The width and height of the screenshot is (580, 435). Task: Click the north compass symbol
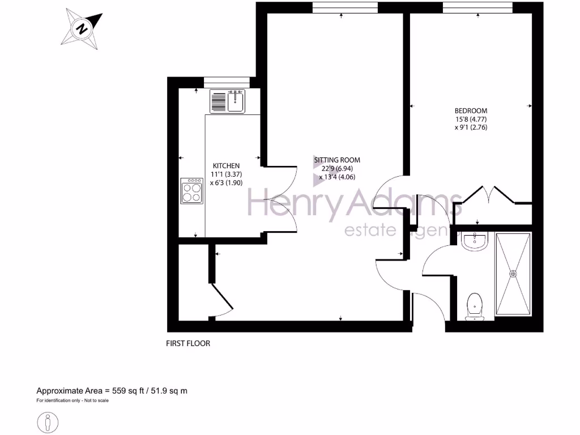click(x=83, y=28)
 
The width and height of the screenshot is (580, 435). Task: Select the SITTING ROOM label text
click(x=338, y=160)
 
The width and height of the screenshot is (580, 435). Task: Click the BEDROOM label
click(x=471, y=110)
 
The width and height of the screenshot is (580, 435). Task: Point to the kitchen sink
click(x=227, y=101)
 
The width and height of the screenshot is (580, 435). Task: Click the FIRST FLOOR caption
click(x=187, y=343)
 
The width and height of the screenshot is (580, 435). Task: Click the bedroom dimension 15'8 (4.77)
click(x=471, y=119)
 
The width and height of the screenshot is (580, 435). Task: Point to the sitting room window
click(x=344, y=7)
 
